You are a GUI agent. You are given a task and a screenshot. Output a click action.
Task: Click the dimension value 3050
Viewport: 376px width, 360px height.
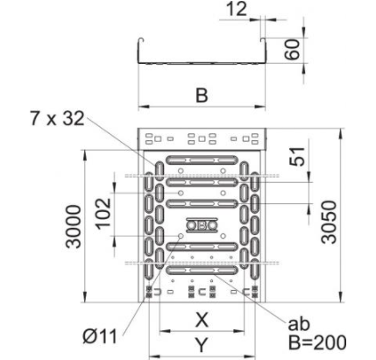tap(329, 222)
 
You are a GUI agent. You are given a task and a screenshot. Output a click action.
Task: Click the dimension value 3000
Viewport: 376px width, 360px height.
tap(73, 227)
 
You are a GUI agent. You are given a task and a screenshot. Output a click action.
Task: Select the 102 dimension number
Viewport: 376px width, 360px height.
tap(103, 214)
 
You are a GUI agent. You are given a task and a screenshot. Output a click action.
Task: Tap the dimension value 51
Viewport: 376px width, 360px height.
tap(297, 157)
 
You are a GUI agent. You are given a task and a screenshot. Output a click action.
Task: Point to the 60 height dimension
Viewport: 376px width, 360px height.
tap(293, 49)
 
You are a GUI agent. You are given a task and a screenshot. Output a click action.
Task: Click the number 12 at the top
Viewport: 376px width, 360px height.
tap(237, 9)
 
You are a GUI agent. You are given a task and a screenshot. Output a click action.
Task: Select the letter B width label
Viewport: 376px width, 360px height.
tap(202, 95)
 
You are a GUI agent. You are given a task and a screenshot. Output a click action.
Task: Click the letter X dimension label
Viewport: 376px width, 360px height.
tap(202, 320)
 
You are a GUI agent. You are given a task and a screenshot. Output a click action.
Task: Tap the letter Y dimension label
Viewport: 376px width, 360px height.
tap(202, 345)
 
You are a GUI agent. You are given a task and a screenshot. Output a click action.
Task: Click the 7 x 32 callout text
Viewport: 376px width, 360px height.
tap(58, 119)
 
